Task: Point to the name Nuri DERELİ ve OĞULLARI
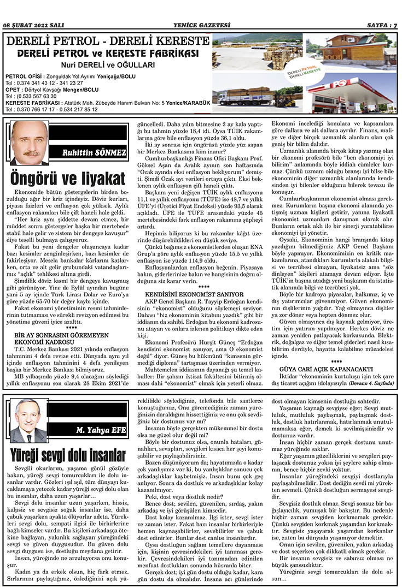108,64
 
